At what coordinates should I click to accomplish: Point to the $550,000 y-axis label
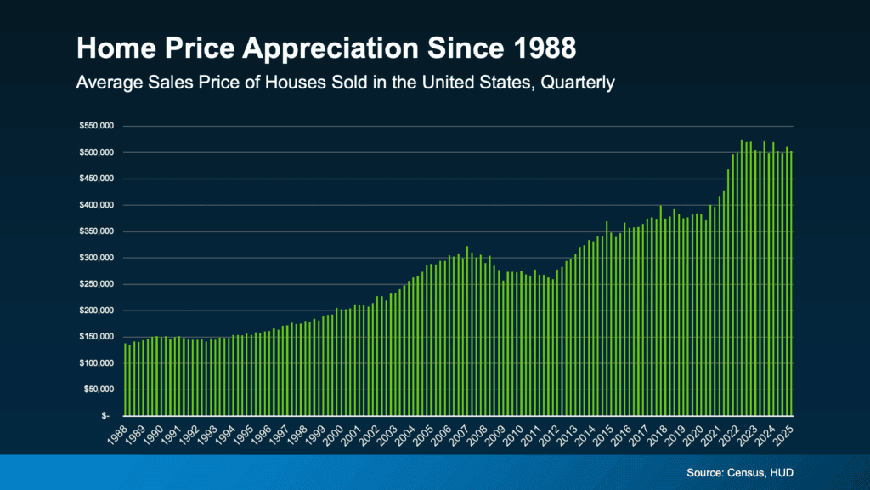pos(96,126)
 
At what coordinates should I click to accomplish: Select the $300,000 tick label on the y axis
pos(96,258)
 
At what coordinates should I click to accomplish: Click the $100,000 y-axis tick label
pos(96,363)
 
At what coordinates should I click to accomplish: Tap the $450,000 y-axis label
pos(96,179)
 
